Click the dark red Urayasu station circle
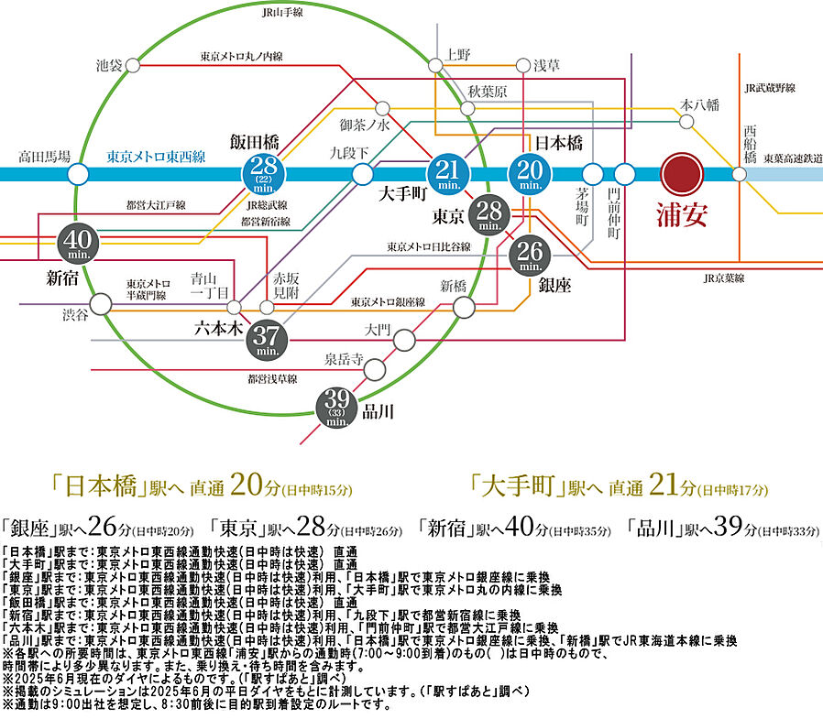coord(682,172)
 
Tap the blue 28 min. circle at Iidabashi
coord(263,172)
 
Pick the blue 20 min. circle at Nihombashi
coord(530,172)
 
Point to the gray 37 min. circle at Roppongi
coord(268,339)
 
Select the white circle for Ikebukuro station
coord(133,66)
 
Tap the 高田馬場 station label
coord(44,158)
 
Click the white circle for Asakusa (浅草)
coord(523,66)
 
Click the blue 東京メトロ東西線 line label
coord(156,157)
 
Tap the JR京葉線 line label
coord(724,278)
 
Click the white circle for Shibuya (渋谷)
coord(100,301)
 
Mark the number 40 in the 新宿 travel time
coord(519,528)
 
